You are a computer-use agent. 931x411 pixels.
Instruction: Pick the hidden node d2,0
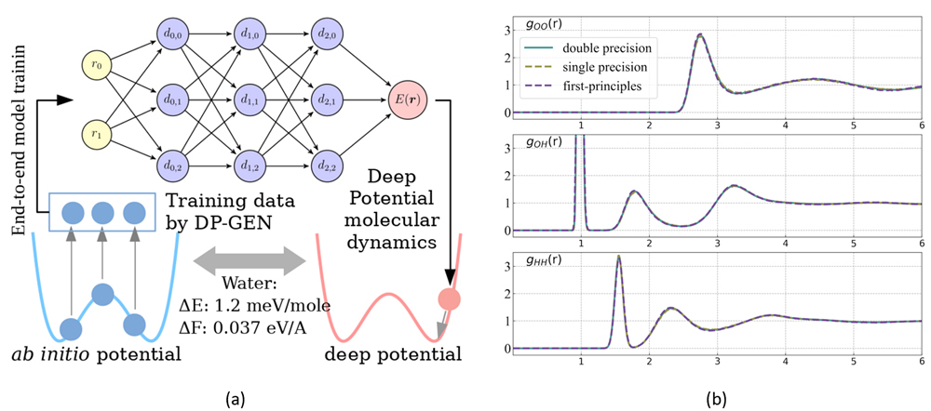pos(328,34)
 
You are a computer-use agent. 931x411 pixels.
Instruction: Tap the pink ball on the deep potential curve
pos(450,299)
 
